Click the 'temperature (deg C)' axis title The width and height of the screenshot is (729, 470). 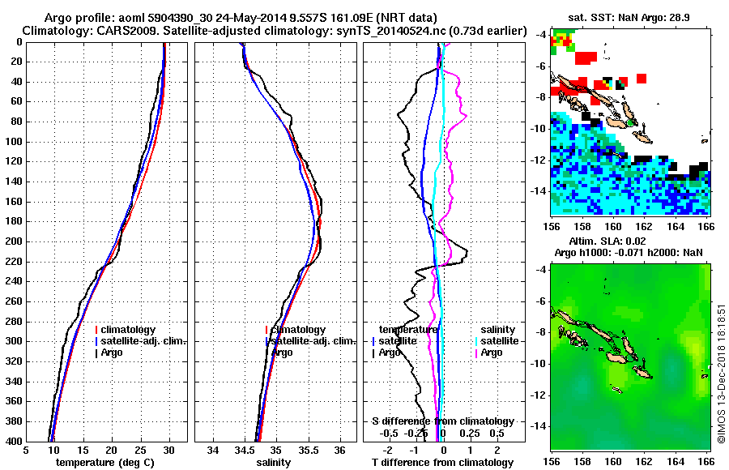(107, 463)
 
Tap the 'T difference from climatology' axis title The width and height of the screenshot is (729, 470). (442, 463)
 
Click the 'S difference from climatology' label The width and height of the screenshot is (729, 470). (442, 421)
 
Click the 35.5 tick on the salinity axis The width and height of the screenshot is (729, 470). (308, 451)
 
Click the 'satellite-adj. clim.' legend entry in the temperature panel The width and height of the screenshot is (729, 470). (143, 341)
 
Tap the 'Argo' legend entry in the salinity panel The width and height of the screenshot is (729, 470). (282, 352)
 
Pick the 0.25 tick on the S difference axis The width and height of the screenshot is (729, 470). (471, 433)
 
